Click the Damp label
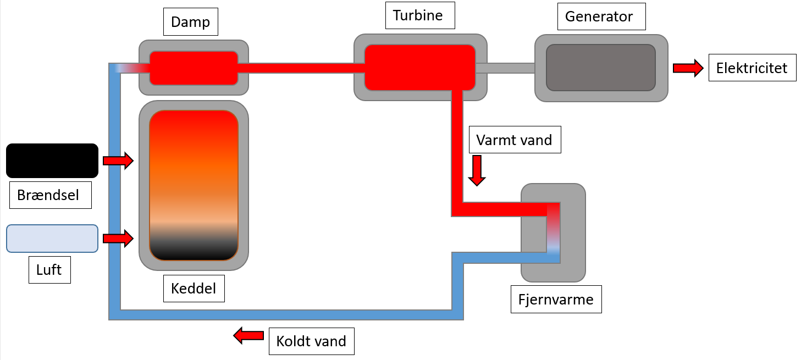[x=191, y=23]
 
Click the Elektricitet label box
[x=752, y=68]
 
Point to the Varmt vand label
[x=514, y=140]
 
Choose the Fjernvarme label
[x=556, y=300]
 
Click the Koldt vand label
[x=311, y=341]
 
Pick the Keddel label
[x=194, y=288]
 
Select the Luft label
[x=49, y=270]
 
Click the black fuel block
[x=52, y=160]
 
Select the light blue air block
[x=52, y=239]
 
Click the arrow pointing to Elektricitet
[x=688, y=68]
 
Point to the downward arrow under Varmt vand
[x=477, y=170]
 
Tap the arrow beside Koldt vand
[x=248, y=335]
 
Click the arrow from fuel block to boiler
[x=118, y=161]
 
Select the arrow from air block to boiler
[x=118, y=239]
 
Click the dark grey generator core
[x=600, y=68]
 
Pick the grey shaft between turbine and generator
[x=505, y=68]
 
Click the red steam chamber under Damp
[x=194, y=68]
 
